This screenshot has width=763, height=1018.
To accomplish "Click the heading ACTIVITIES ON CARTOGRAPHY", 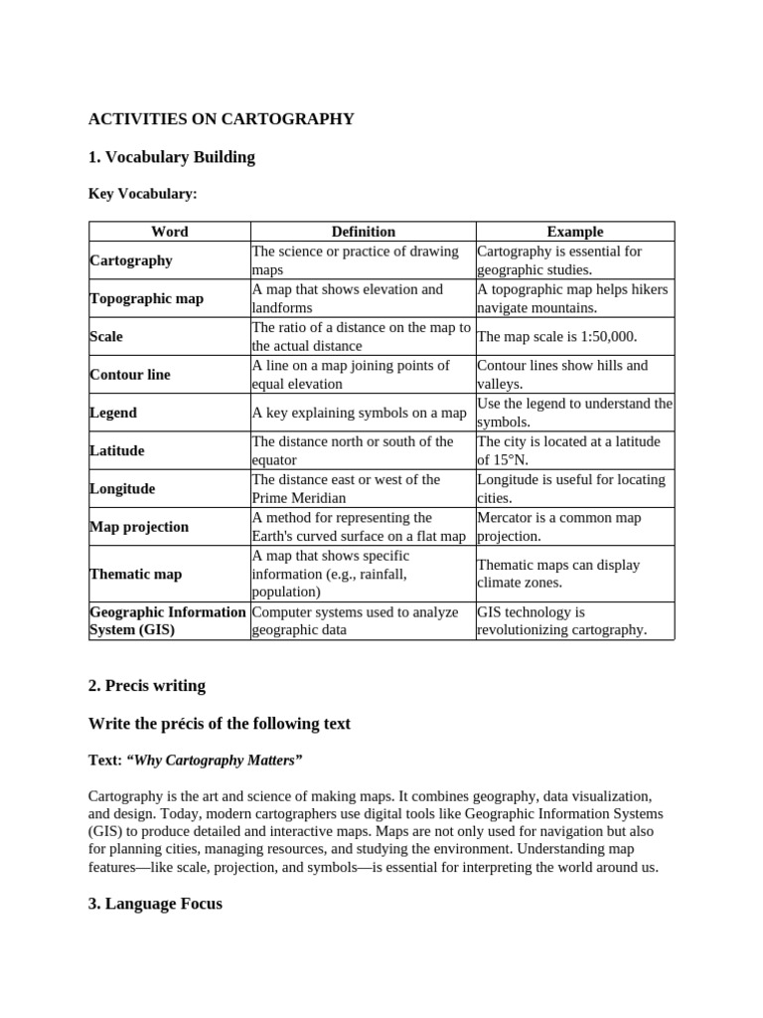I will coord(221,119).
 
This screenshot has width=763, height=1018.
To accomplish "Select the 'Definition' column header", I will coord(363,232).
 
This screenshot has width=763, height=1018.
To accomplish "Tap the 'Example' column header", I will coord(574,232).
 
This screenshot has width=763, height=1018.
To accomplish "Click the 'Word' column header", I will coord(169,232).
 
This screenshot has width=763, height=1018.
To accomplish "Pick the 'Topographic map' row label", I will coord(146,298).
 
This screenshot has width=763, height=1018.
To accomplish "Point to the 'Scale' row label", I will coord(106,337).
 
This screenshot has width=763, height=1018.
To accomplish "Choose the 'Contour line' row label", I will coord(130,375).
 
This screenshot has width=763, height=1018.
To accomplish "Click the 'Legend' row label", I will coord(113,413).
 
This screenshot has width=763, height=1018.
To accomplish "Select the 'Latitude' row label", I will coord(117,450).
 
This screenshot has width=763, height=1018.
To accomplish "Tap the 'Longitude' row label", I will coord(122,489).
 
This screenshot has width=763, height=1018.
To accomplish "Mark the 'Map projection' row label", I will coord(139,527).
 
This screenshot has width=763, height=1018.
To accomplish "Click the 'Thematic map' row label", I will coord(135,575).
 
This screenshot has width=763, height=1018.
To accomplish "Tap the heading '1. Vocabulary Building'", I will coord(171,157).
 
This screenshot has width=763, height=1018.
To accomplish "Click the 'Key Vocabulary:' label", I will coord(143,194).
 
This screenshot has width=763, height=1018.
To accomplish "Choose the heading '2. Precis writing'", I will coord(147,686).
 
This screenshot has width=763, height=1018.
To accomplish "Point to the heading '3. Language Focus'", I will coord(155,904).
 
